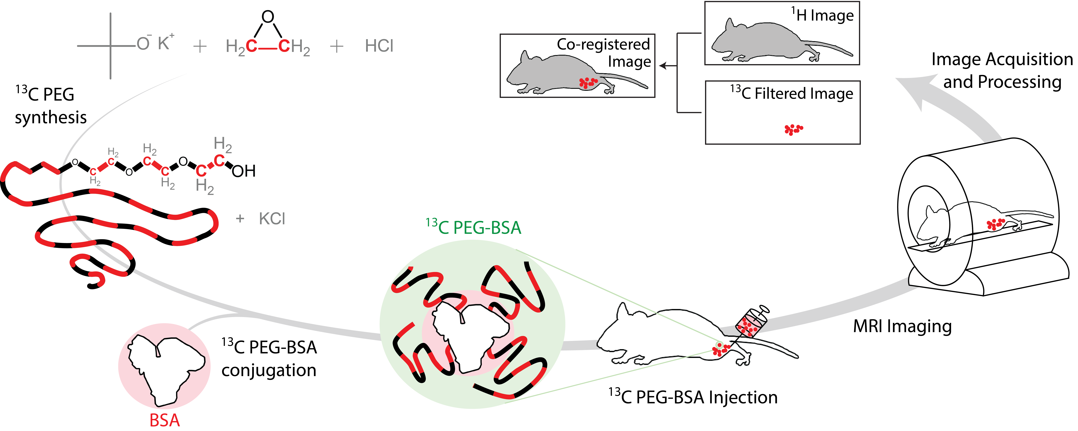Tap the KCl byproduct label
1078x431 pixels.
point(272,219)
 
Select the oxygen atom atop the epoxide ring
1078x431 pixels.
point(268,17)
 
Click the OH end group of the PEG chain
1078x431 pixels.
point(243,171)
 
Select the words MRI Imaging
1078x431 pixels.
point(902,326)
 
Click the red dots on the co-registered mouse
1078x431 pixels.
point(588,82)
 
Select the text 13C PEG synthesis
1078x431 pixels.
point(50,105)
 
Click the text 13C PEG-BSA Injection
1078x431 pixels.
point(693,397)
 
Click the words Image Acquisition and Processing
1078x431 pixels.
point(1002,70)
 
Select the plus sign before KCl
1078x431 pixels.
point(240,219)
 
